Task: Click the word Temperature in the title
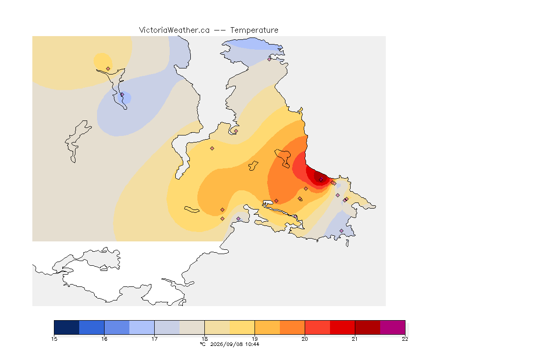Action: pyautogui.click(x=254, y=30)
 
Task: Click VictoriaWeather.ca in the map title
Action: pyautogui.click(x=174, y=30)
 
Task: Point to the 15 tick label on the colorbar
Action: pyautogui.click(x=54, y=339)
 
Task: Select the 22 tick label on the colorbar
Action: pyautogui.click(x=405, y=339)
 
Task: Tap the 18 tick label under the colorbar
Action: pyautogui.click(x=204, y=339)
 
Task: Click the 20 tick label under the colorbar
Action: pyautogui.click(x=305, y=339)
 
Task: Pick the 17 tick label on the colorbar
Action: pyautogui.click(x=154, y=339)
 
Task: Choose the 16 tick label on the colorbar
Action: pyautogui.click(x=105, y=339)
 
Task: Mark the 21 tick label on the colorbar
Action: pyautogui.click(x=355, y=339)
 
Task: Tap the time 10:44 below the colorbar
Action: pyautogui.click(x=252, y=344)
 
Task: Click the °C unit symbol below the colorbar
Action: pyautogui.click(x=203, y=344)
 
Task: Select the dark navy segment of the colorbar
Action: pyautogui.click(x=67, y=327)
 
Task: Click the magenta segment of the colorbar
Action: pyautogui.click(x=393, y=327)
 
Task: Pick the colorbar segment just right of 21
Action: pyautogui.click(x=367, y=327)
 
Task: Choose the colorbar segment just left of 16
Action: pyautogui.click(x=91, y=327)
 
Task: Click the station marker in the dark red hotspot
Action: pyautogui.click(x=321, y=180)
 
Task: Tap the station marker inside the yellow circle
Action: pyautogui.click(x=108, y=68)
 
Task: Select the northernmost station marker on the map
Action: pyautogui.click(x=270, y=59)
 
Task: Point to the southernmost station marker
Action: pyautogui.click(x=341, y=231)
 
